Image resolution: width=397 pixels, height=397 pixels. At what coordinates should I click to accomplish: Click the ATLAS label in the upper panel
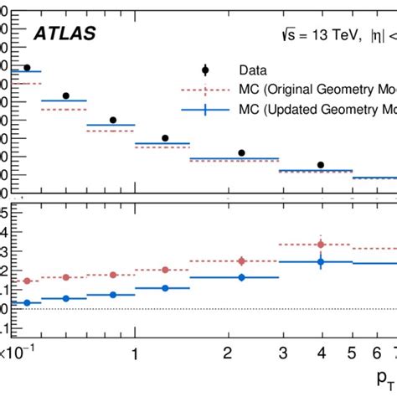point(64,34)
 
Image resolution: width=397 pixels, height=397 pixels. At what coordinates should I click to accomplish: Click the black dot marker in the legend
point(205,70)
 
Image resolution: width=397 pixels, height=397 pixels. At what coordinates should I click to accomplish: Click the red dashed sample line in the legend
point(205,89)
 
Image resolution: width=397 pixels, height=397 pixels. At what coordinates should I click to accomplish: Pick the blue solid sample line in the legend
point(205,109)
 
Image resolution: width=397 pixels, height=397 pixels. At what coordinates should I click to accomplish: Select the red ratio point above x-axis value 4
point(320,245)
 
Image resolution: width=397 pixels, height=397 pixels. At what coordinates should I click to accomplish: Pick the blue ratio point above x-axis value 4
point(320,262)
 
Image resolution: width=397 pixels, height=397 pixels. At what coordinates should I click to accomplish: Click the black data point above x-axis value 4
point(320,165)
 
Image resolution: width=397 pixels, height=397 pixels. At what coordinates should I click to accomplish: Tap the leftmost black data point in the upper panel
point(27,68)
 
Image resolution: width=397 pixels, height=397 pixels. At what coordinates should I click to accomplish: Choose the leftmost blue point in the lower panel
point(27,302)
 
